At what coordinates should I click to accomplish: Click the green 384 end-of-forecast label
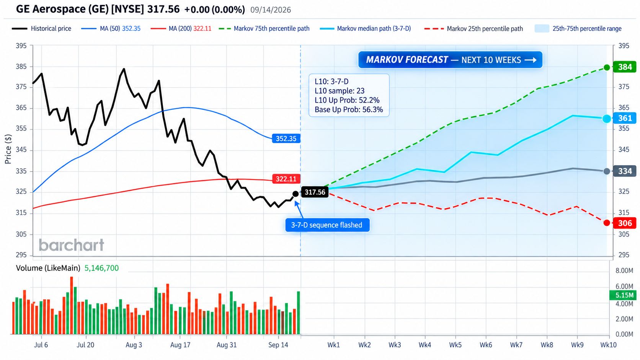pos(625,67)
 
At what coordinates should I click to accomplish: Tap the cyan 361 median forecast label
pos(625,118)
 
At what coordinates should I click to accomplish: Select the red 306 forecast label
pos(625,223)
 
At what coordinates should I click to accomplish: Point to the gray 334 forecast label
pos(625,171)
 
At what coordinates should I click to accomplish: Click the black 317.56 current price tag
pos(315,192)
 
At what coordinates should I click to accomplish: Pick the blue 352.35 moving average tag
pos(286,138)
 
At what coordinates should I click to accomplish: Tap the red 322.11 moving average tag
pos(286,179)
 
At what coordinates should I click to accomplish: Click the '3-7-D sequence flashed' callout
pos(327,225)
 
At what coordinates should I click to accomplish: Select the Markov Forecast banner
pos(450,60)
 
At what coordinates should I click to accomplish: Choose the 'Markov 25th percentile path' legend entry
pos(474,29)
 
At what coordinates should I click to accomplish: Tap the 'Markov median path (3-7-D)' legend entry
pos(366,29)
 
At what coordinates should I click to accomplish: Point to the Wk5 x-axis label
pos(456,345)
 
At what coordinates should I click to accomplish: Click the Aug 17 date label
pos(180,345)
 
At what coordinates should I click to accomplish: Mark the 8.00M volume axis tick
pos(624,270)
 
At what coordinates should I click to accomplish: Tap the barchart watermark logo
pos(72,245)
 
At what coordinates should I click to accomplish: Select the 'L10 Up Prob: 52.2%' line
pos(347,100)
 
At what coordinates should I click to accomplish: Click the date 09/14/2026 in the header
pos(271,10)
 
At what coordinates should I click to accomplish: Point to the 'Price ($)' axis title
pos(8,149)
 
